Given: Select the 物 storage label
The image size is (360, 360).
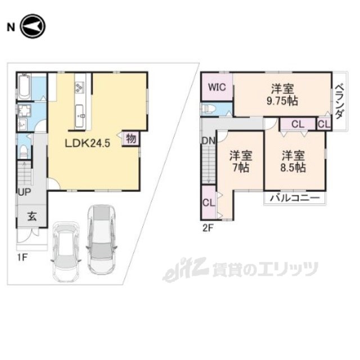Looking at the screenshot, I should pyautogui.click(x=130, y=138).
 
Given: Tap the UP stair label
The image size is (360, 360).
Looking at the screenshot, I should pyautogui.click(x=24, y=192).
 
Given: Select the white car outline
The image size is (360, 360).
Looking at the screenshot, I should pyautogui.click(x=66, y=252).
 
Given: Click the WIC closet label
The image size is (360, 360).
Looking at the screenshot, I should pyautogui.click(x=217, y=87).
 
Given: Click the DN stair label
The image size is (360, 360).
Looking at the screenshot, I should pyautogui.click(x=208, y=141).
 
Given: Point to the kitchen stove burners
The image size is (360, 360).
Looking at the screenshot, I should pyautogui.click(x=78, y=87).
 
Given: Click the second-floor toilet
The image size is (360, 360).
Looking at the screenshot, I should pyautogui.click(x=208, y=109).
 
